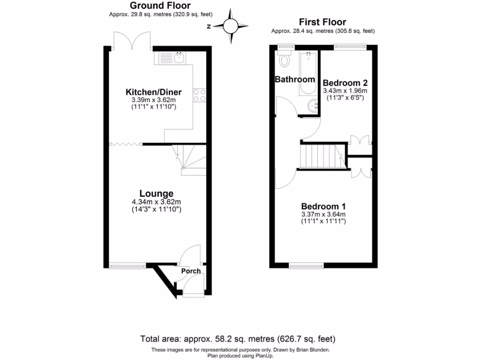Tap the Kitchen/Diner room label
pyautogui.click(x=153, y=92)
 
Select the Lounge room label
pyautogui.click(x=156, y=193)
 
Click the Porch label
pyautogui.click(x=191, y=271)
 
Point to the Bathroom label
pyautogui.click(x=294, y=79)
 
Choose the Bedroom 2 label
pyautogui.click(x=345, y=82)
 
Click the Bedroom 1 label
pyautogui.click(x=323, y=206)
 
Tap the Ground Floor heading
pyautogui.click(x=153, y=6)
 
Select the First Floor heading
pyautogui.click(x=322, y=22)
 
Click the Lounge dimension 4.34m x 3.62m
pyautogui.click(x=156, y=202)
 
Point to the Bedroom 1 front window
pyautogui.click(x=307, y=266)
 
